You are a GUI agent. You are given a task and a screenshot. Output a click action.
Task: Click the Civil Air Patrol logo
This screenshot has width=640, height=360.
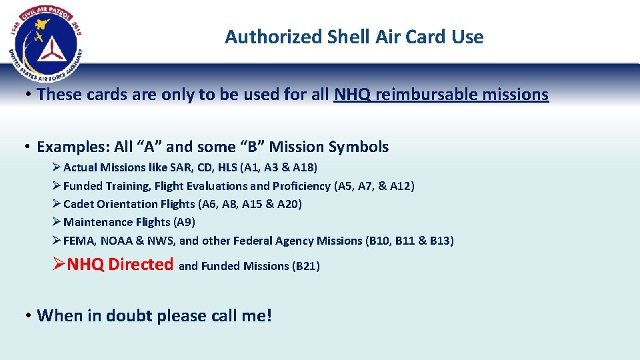46,38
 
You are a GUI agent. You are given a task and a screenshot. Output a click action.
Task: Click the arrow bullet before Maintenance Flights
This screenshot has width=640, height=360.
57,222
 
